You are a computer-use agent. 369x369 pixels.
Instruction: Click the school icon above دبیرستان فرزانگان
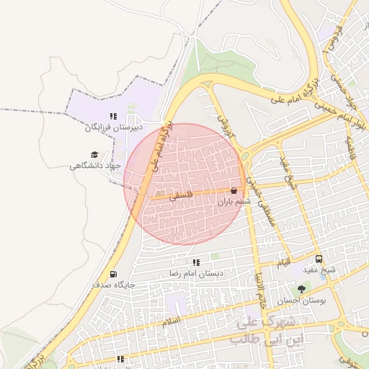coord(113,115)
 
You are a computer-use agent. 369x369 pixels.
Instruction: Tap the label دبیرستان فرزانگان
coord(113,128)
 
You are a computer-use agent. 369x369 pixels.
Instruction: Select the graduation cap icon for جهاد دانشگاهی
coord(94,154)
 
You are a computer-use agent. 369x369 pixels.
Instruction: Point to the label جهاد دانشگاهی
coord(94,166)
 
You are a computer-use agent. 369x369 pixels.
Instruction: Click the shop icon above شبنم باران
coord(234,191)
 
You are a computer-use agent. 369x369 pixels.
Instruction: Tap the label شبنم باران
coord(234,203)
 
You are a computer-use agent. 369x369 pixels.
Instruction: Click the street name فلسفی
coord(179,195)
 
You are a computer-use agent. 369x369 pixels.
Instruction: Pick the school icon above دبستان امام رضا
coord(196,262)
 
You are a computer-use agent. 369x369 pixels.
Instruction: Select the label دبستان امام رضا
coord(196,274)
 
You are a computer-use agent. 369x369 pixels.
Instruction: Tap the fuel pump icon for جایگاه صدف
coord(113,274)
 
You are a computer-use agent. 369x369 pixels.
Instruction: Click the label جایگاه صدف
coord(113,285)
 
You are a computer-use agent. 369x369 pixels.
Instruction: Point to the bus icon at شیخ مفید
coord(319,259)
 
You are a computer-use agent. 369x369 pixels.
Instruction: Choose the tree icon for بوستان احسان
coord(311,288)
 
